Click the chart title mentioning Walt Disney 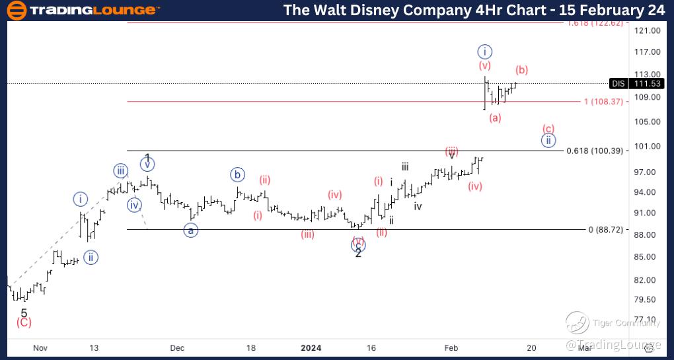472,11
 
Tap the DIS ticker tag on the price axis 618,83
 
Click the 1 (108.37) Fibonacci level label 603,101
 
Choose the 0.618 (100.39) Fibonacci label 595,151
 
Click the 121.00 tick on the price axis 647,30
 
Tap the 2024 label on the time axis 311,347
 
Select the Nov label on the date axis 40,347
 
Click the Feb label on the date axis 451,347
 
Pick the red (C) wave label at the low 24,322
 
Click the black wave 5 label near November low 24,313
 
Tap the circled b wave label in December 237,175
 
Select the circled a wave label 191,231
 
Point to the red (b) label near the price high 521,70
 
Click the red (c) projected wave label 548,128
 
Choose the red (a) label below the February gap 495,118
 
